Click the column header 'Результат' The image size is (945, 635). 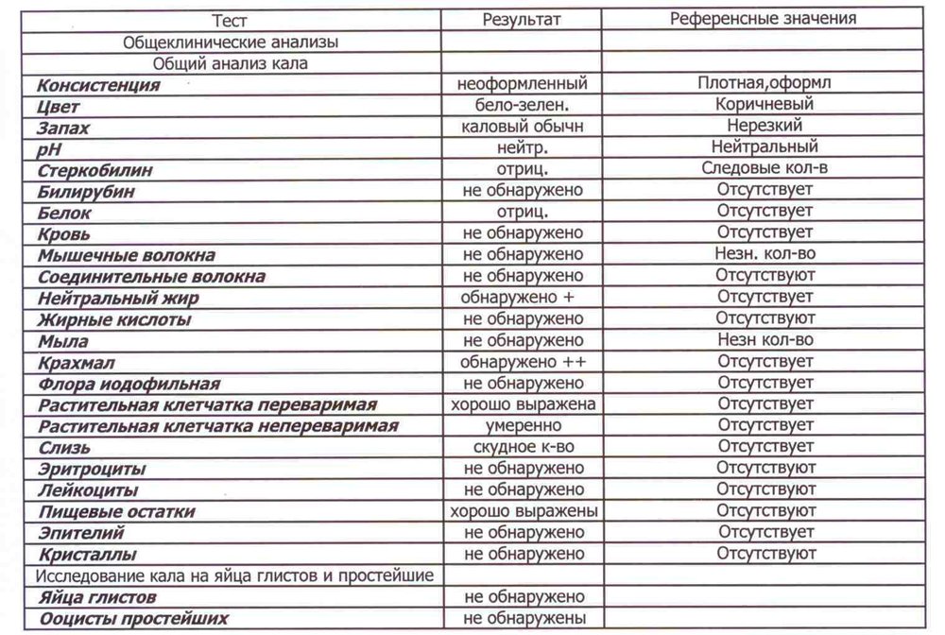pos(523,20)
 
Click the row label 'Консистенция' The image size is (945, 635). pos(98,85)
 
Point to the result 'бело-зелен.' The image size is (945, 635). pos(523,106)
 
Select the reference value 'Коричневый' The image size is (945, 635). pos(765,105)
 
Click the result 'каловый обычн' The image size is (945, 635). pos(523,127)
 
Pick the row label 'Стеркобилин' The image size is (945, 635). pos(94,171)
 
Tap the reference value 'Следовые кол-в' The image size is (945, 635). pos(765,169)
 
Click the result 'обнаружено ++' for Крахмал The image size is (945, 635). pos(523,363)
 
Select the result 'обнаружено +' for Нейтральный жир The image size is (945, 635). pos(523,299)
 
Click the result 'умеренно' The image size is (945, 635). pos(523,426)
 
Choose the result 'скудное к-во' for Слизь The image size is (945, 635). pos(523,448)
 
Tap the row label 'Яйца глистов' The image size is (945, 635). pos(97,598)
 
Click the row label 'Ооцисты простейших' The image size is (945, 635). pos(133,620)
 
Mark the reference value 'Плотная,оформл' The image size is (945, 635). pos(765,83)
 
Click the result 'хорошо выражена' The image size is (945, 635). pos(523,405)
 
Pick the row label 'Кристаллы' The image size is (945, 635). pos(87,555)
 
